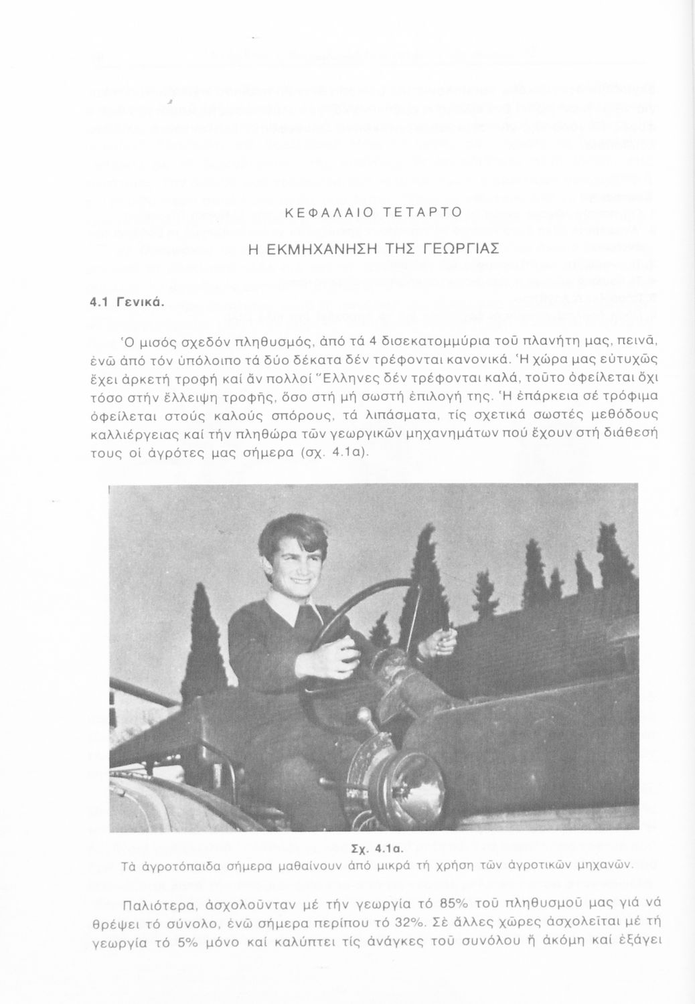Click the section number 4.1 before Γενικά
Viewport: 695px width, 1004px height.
click(100, 302)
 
